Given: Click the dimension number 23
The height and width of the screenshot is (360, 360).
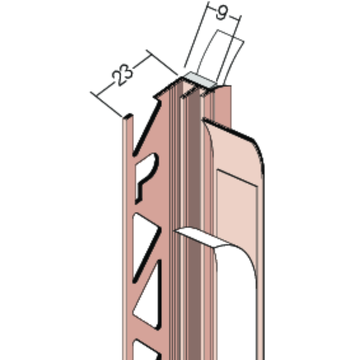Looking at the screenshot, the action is (x=122, y=75).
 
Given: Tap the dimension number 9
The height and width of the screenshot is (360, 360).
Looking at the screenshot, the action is (x=222, y=13).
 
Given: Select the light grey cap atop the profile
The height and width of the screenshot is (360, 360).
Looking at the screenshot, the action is (x=201, y=80).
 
